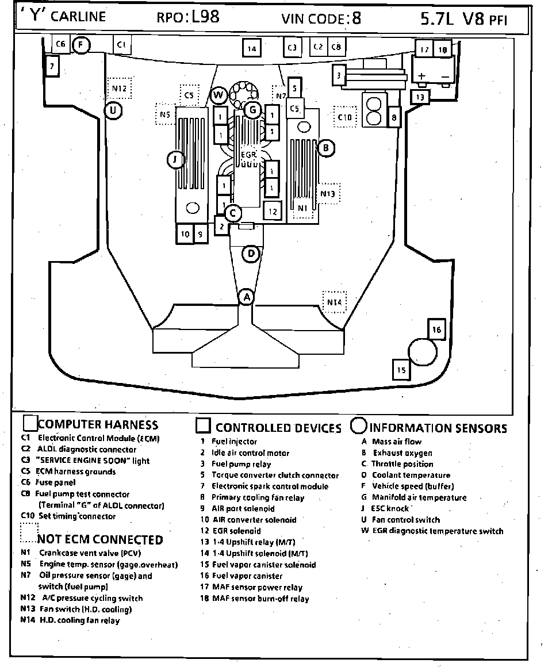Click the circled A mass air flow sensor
click(247, 297)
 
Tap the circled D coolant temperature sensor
click(251, 254)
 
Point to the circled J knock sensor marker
click(175, 160)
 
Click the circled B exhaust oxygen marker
click(325, 148)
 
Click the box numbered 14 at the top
click(251, 48)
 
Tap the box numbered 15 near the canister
click(401, 369)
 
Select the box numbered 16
click(436, 329)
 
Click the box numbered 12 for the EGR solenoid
click(273, 211)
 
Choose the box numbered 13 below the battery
click(420, 97)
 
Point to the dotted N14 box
click(334, 302)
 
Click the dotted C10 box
click(344, 117)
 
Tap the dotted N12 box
click(119, 88)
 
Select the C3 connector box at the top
click(292, 47)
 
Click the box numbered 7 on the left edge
click(52, 67)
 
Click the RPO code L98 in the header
click(205, 17)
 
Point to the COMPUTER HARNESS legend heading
click(98, 425)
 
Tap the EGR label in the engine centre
click(248, 155)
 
